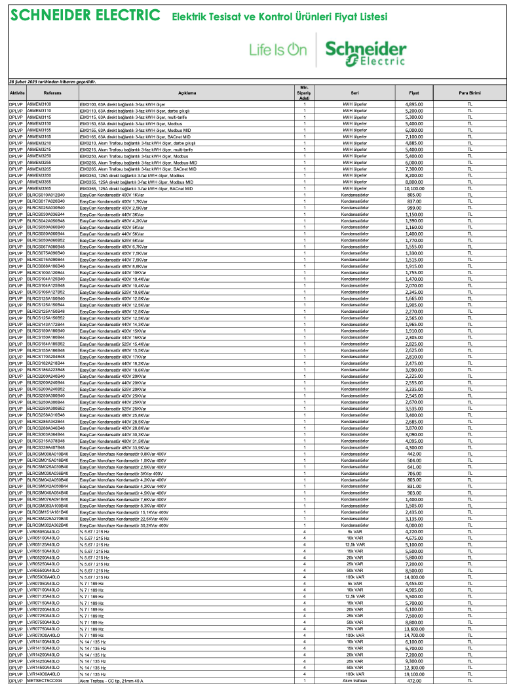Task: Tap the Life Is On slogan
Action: pyautogui.click(x=278, y=50)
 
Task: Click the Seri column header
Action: pyautogui.click(x=354, y=93)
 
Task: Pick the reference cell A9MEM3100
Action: pyautogui.click(x=39, y=104)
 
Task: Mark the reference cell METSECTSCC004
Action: pyautogui.click(x=45, y=681)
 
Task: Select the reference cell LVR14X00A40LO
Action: pyautogui.click(x=43, y=674)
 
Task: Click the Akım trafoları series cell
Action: pyautogui.click(x=354, y=681)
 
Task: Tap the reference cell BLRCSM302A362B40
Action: pyautogui.click(x=47, y=525)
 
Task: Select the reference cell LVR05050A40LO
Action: pyautogui.click(x=43, y=532)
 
